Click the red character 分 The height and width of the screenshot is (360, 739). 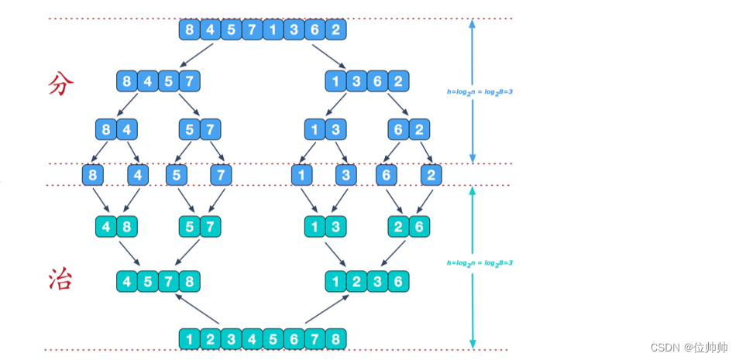60,84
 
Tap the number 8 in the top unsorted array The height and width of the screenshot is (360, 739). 189,30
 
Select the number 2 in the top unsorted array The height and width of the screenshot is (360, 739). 335,30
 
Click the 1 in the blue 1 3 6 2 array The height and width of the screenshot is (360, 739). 335,81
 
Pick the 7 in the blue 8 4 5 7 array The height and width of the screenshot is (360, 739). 190,81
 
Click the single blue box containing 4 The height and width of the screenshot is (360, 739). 137,175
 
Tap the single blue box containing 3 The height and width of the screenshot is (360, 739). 345,175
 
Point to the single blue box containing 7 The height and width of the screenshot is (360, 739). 221,175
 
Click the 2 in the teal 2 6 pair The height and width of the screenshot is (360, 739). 398,226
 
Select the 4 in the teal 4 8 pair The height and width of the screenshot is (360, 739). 106,226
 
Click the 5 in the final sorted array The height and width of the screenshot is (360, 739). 273,338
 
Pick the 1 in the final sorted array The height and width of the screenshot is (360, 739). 189,338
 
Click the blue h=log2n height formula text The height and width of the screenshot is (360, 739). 479,91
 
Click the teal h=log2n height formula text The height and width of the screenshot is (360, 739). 479,262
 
